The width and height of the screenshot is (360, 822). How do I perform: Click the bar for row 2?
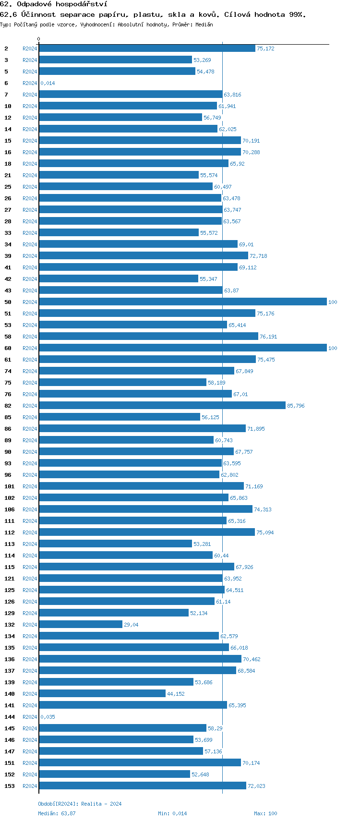click(x=147, y=48)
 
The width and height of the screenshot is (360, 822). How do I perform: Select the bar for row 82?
click(x=162, y=406)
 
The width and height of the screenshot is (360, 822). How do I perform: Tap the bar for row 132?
click(x=81, y=625)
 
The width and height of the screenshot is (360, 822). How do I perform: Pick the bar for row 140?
click(x=102, y=694)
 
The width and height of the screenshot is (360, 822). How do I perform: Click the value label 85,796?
click(x=296, y=406)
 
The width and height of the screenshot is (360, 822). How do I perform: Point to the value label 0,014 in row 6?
click(x=48, y=84)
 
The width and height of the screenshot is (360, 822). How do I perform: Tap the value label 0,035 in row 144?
click(x=48, y=717)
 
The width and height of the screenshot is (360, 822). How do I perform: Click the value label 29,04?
click(x=131, y=625)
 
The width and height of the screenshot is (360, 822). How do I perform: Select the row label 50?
click(x=8, y=302)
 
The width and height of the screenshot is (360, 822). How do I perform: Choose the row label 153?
click(x=10, y=786)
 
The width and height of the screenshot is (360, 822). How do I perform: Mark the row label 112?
click(x=10, y=533)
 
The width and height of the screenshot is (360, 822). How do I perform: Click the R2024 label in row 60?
click(x=30, y=349)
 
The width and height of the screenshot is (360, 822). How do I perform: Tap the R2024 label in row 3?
click(x=30, y=60)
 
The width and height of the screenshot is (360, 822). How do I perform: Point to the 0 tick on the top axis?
click(x=39, y=39)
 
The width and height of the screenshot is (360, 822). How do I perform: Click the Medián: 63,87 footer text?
click(x=57, y=814)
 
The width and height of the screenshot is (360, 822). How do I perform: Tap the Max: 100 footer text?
click(x=265, y=814)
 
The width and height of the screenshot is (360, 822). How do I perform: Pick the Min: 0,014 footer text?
click(x=172, y=814)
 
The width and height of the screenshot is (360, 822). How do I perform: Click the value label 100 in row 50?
click(x=333, y=302)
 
